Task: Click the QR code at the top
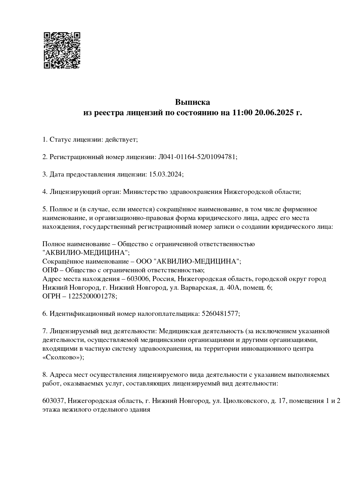62,50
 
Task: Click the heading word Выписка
192,102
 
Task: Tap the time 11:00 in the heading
242,113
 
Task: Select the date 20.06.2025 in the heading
274,113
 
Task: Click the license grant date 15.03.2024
165,174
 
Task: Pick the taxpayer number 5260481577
220,314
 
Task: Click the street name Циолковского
244,401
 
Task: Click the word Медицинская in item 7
177,331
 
